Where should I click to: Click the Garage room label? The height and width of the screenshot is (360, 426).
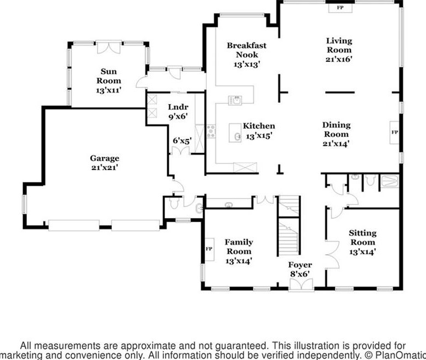click(x=105, y=158)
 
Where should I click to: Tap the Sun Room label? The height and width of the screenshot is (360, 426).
click(x=109, y=76)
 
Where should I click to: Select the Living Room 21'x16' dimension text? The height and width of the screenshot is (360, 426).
click(x=339, y=59)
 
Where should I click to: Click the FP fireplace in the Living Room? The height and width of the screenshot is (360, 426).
click(x=340, y=8)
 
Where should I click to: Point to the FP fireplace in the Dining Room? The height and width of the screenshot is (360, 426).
click(x=395, y=132)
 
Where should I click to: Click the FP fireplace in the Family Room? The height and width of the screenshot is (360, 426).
click(x=209, y=249)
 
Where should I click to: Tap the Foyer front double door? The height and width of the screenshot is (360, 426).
click(x=301, y=284)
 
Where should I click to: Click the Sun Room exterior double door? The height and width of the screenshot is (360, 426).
click(x=109, y=47)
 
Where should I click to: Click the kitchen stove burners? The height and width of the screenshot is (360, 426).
click(x=211, y=132)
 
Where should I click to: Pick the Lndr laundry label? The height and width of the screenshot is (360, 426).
click(x=178, y=107)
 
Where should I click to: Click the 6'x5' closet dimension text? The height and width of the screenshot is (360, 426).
click(x=183, y=141)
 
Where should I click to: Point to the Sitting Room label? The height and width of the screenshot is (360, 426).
click(x=363, y=238)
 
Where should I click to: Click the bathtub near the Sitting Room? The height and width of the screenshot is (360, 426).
click(x=390, y=181)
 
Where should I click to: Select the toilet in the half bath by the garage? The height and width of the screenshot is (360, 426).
click(x=174, y=203)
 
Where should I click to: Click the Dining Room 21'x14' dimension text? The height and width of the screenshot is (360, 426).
click(x=336, y=144)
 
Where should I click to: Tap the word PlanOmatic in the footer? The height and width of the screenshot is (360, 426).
click(x=400, y=355)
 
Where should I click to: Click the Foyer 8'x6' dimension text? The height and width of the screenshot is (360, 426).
click(x=300, y=274)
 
